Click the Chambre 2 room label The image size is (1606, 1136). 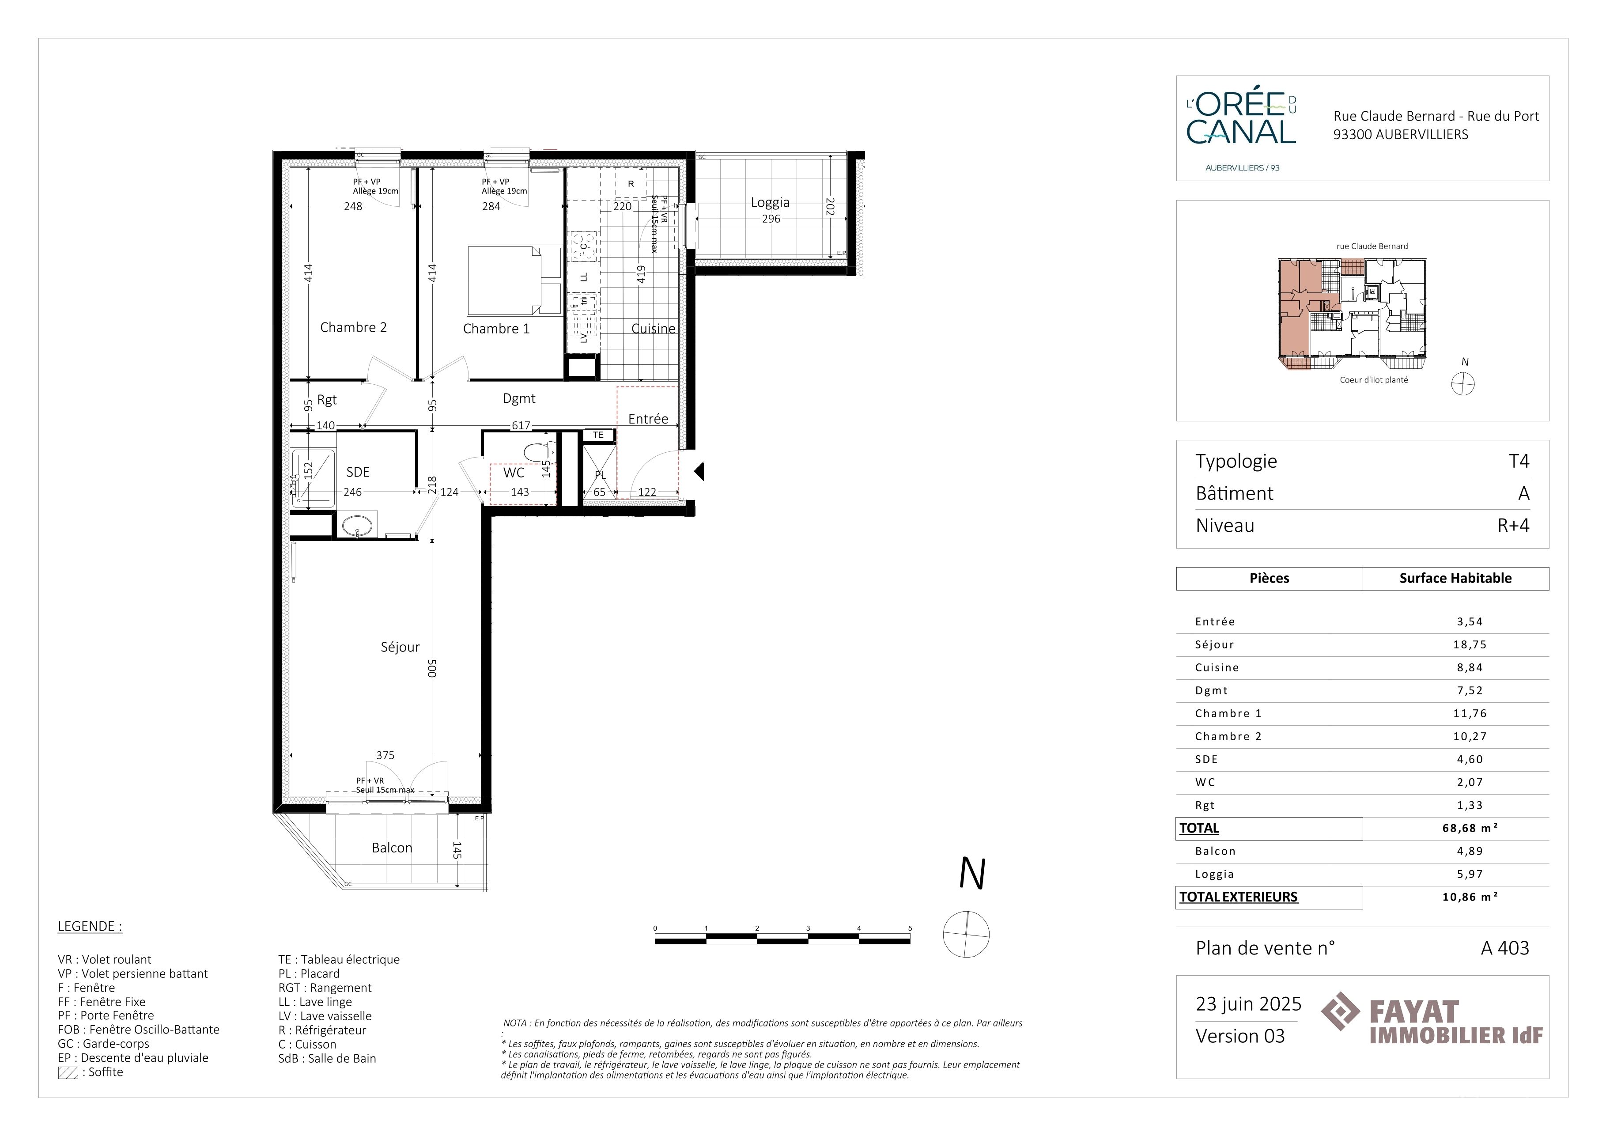pyautogui.click(x=353, y=327)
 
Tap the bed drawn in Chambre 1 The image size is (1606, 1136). pyautogui.click(x=514, y=280)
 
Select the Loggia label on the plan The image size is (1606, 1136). pyautogui.click(x=770, y=202)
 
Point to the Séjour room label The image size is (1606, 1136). pyautogui.click(x=400, y=647)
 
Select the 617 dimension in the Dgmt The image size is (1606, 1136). pyautogui.click(x=521, y=425)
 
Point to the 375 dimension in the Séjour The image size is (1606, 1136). pyautogui.click(x=385, y=755)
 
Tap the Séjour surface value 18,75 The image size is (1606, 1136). pyautogui.click(x=1470, y=645)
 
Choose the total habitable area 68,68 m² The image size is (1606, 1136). pyautogui.click(x=1470, y=828)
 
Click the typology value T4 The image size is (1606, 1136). pyautogui.click(x=1519, y=461)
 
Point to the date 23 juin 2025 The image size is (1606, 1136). pyautogui.click(x=1249, y=1004)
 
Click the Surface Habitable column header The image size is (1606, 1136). pyautogui.click(x=1455, y=579)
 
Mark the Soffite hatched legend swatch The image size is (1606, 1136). pyautogui.click(x=68, y=1072)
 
